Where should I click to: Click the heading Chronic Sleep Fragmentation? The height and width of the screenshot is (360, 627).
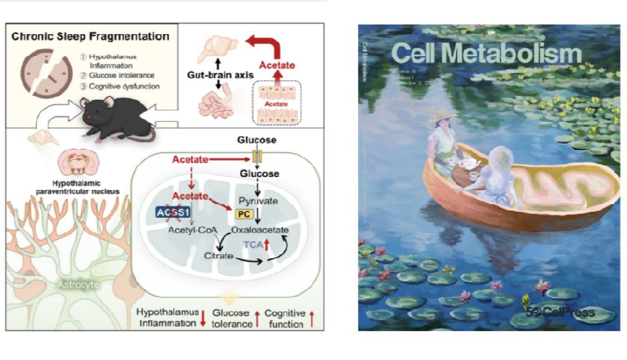pos(91,37)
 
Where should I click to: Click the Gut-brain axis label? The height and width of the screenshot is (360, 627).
pos(213,75)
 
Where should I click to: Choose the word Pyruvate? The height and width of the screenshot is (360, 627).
pos(258,201)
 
